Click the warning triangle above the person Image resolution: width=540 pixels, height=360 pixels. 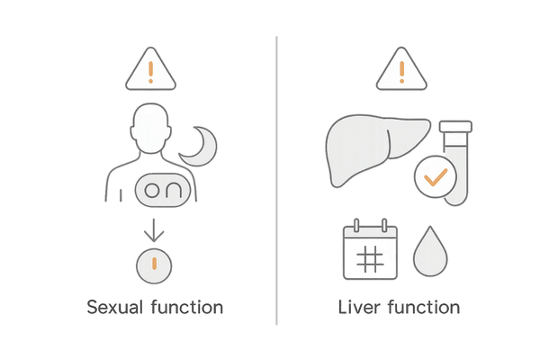pyautogui.click(x=150, y=69)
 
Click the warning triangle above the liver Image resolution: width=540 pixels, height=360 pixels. pyautogui.click(x=401, y=69)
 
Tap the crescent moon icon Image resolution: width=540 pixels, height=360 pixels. pyautogui.click(x=198, y=146)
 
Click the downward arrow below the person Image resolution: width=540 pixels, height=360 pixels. pyautogui.click(x=154, y=230)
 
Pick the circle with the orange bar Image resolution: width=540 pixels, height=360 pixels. pyautogui.click(x=154, y=266)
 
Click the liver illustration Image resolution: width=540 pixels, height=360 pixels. pyautogui.click(x=378, y=151)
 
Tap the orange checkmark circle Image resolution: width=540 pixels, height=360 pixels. pyautogui.click(x=436, y=176)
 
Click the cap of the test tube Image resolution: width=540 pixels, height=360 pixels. pyautogui.click(x=455, y=126)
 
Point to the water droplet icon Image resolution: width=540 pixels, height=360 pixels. pyautogui.click(x=430, y=251)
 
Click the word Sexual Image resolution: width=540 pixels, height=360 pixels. pyautogui.click(x=114, y=307)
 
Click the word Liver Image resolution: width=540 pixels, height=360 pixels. pyautogui.click(x=359, y=307)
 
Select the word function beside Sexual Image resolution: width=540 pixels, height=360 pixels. pyautogui.click(x=187, y=307)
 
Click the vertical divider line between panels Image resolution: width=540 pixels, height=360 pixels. pyautogui.click(x=276, y=181)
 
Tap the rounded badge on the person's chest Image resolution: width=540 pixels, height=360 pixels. pyautogui.click(x=163, y=190)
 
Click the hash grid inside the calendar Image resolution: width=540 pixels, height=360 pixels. pyautogui.click(x=370, y=258)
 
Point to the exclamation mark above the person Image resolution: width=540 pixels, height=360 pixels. pyautogui.click(x=150, y=72)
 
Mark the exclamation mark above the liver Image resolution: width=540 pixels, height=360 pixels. pyautogui.click(x=401, y=72)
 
